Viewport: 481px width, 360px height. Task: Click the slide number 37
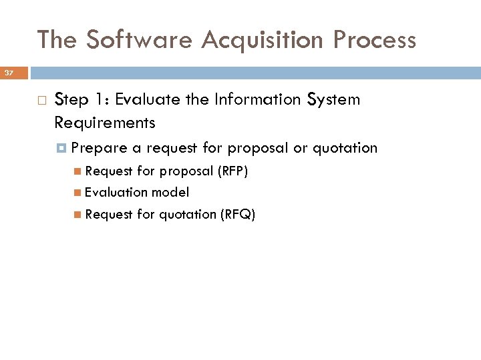[x=9, y=73]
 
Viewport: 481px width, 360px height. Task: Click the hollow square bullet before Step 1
[x=41, y=101]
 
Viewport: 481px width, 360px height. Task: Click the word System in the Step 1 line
[x=333, y=100]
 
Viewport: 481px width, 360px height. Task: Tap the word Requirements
[x=105, y=123]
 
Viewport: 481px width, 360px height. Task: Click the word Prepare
[x=99, y=147]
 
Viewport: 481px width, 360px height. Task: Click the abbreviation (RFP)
[x=232, y=171]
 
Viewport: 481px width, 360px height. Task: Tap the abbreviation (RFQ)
[x=238, y=214]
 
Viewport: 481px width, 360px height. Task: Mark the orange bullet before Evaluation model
[x=78, y=193]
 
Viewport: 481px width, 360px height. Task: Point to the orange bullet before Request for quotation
[x=78, y=214]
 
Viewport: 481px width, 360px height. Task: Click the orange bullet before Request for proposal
[x=78, y=171]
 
